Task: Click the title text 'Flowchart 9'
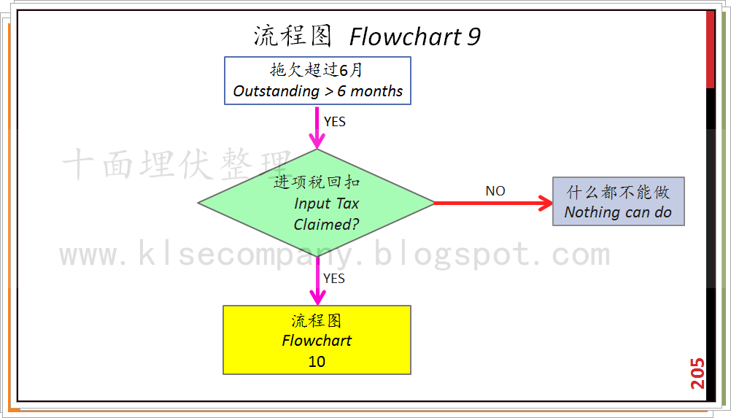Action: point(414,36)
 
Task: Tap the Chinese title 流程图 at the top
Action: point(293,36)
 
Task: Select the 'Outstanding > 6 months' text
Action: point(317,91)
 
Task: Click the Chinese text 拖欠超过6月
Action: point(317,71)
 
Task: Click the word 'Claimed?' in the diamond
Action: point(326,225)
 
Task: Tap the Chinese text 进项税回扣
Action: point(317,182)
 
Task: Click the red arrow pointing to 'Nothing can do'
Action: point(493,203)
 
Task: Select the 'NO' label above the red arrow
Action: point(495,191)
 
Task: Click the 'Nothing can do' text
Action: point(618,212)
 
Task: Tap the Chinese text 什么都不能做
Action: point(618,193)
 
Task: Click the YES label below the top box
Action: point(335,122)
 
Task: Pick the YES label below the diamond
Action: point(334,279)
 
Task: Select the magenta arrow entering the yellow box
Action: point(317,281)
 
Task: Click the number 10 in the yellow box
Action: point(317,361)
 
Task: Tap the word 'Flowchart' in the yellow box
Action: point(317,341)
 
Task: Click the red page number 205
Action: point(697,373)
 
